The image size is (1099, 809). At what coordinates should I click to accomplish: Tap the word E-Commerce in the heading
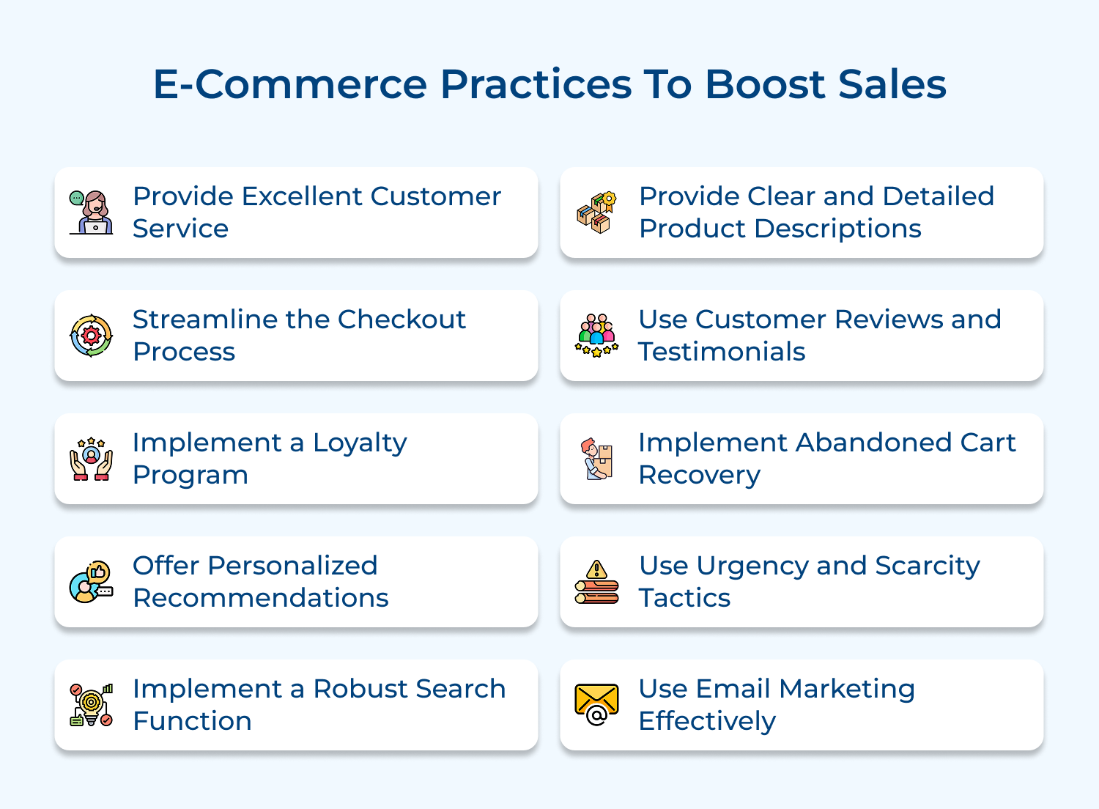click(289, 84)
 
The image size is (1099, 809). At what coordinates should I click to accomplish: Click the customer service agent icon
click(91, 213)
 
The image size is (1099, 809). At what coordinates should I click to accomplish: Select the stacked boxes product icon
click(596, 213)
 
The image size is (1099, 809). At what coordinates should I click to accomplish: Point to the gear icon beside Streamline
click(91, 336)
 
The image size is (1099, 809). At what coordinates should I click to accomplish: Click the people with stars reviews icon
click(596, 336)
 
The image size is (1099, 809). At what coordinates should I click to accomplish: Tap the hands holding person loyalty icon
click(91, 459)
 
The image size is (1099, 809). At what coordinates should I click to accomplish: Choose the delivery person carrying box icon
click(597, 459)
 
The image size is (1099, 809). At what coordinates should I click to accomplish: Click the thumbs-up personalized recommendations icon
click(91, 582)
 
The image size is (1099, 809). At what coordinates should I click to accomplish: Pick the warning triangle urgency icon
click(596, 582)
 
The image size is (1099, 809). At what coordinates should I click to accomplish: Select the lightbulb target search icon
click(91, 705)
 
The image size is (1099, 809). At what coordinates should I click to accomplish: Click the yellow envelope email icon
click(596, 705)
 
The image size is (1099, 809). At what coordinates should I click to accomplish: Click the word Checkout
click(402, 319)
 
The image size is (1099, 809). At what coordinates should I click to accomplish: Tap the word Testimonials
click(722, 352)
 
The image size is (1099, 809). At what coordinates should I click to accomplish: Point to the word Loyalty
click(360, 443)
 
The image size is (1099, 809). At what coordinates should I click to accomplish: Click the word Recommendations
click(261, 598)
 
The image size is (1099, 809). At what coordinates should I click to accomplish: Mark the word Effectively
click(707, 722)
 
